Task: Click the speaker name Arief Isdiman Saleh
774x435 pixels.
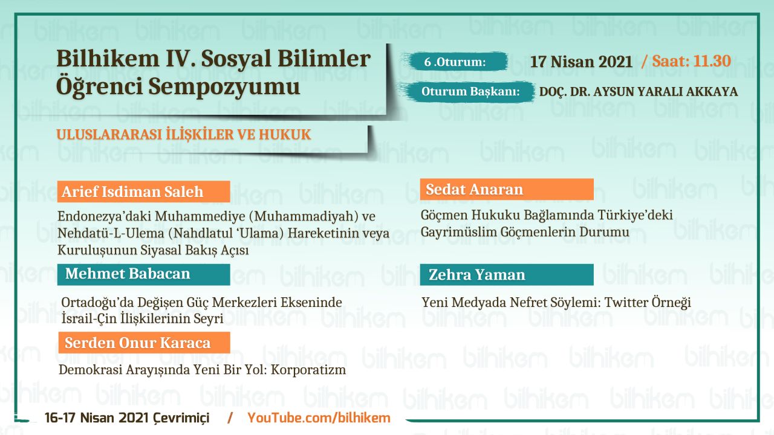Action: click(x=132, y=192)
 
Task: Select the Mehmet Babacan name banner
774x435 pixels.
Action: click(x=144, y=274)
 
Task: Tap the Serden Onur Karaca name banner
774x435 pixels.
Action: click(x=144, y=343)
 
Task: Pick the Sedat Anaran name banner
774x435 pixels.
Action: click(x=507, y=189)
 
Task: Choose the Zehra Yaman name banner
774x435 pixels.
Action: click(x=507, y=275)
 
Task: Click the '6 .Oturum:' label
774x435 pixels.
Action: click(x=455, y=62)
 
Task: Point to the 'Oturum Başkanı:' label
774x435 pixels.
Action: click(x=470, y=91)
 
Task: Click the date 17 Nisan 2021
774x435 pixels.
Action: click(x=581, y=62)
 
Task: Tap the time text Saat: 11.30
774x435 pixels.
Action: click(x=691, y=61)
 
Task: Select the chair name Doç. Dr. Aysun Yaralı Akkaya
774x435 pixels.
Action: click(x=639, y=91)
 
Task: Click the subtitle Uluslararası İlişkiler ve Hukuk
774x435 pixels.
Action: click(x=184, y=134)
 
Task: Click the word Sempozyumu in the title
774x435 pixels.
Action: click(x=224, y=86)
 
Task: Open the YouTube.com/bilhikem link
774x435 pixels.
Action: click(x=319, y=417)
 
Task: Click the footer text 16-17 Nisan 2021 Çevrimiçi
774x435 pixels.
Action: click(x=127, y=417)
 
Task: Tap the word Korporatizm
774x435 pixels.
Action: click(x=308, y=370)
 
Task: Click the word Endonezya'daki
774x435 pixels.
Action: click(x=103, y=216)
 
